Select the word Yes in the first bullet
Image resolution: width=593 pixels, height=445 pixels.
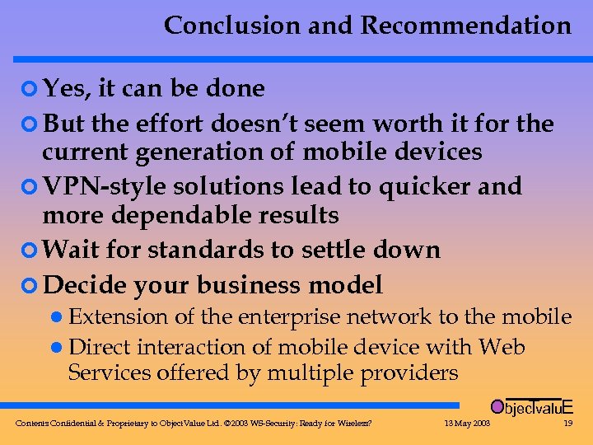(64, 88)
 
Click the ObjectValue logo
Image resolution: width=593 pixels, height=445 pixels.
(530, 406)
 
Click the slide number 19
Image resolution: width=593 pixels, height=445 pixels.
(567, 424)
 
